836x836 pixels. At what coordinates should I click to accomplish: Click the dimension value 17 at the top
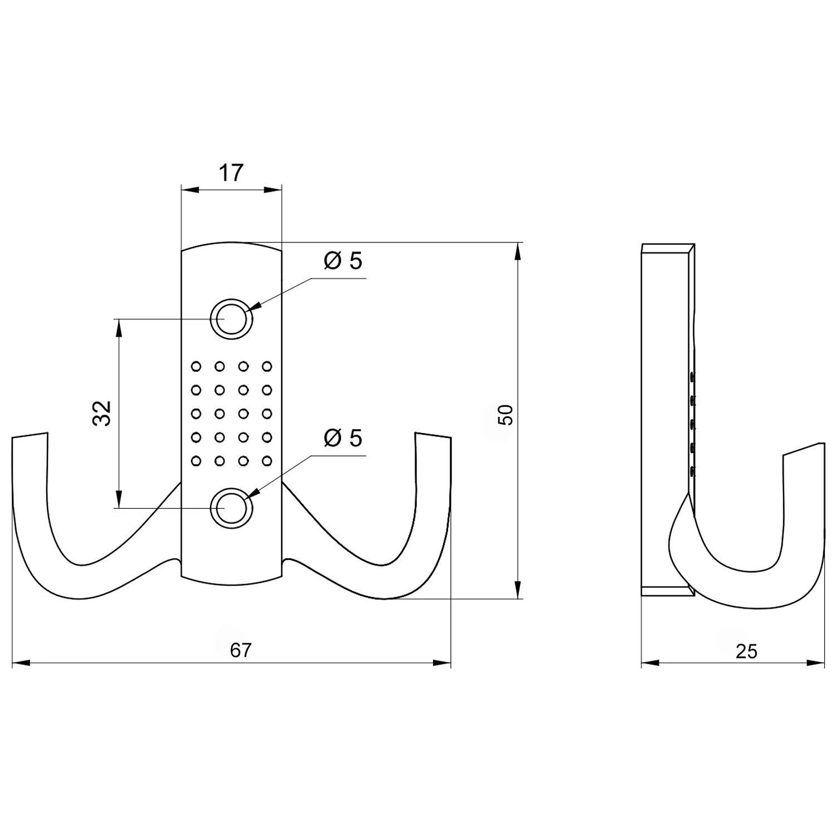click(231, 173)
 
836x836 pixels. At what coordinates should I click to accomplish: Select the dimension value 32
click(103, 413)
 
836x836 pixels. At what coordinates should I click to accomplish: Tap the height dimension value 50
click(505, 415)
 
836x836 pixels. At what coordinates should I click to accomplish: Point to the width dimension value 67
click(241, 650)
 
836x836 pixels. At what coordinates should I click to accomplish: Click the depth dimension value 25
click(746, 651)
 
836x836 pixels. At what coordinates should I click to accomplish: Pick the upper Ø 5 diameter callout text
click(343, 260)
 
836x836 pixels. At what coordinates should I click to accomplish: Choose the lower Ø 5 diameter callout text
click(343, 438)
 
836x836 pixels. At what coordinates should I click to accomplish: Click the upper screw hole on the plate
click(231, 319)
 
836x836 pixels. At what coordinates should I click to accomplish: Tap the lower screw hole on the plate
click(231, 508)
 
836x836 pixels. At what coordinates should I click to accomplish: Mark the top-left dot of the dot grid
click(196, 366)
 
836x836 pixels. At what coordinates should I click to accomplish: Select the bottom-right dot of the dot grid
click(267, 461)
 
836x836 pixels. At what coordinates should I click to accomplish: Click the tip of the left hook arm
click(29, 436)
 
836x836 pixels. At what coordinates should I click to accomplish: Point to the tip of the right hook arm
click(432, 436)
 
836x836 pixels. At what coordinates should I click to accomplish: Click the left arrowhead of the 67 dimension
click(20, 663)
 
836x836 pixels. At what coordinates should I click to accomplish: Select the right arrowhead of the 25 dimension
click(816, 663)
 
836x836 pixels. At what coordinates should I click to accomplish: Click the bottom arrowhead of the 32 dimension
click(118, 500)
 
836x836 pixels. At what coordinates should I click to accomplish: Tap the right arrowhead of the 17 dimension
click(274, 190)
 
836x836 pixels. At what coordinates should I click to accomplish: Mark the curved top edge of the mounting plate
click(231, 244)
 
